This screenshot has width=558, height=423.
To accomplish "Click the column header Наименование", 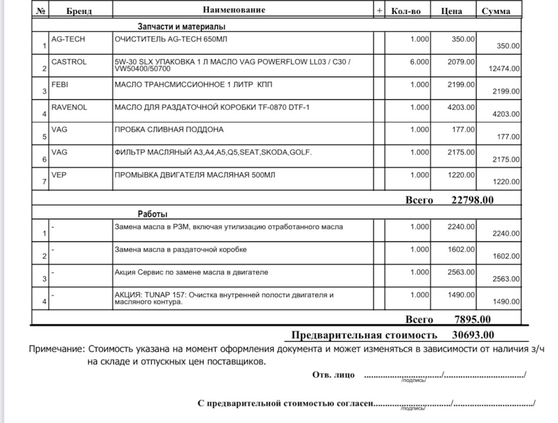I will coord(234,10).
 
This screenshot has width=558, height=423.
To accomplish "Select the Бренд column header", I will coord(79,11).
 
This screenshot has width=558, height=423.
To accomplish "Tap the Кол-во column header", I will coord(410,11).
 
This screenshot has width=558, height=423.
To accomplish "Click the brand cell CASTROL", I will coord(69,62).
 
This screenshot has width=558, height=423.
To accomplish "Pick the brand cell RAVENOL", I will coord(70,107).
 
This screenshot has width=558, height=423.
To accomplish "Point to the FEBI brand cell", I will coord(60,84).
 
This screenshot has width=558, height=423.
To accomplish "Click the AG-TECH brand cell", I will coord(69,39).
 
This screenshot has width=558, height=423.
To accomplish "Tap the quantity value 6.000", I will coord(420,62).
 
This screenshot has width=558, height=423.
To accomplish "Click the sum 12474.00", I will coord(505,68).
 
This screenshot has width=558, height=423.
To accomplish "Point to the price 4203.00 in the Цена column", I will coord(462,107).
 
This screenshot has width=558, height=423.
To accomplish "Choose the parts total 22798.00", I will coord(473,200).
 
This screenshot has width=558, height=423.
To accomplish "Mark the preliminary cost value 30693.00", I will coord(473,335).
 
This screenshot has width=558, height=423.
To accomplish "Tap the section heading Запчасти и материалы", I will coord(181,26).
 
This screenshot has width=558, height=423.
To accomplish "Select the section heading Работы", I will coord(152,214).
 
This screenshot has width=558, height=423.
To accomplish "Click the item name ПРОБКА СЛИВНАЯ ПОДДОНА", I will coord(169,129).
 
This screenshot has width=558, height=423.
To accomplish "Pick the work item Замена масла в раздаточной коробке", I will coord(181,250).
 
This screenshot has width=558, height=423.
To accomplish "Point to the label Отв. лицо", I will coord(333,375).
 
